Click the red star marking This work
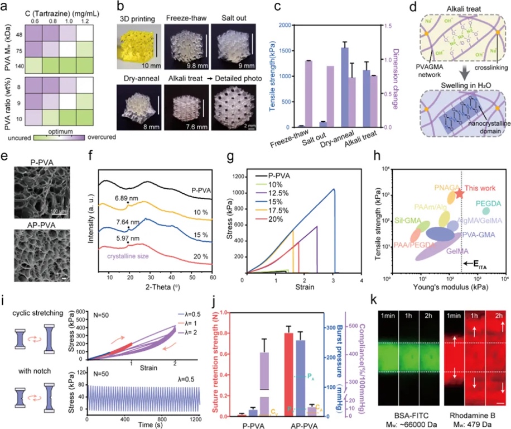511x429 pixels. pos(459,194)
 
